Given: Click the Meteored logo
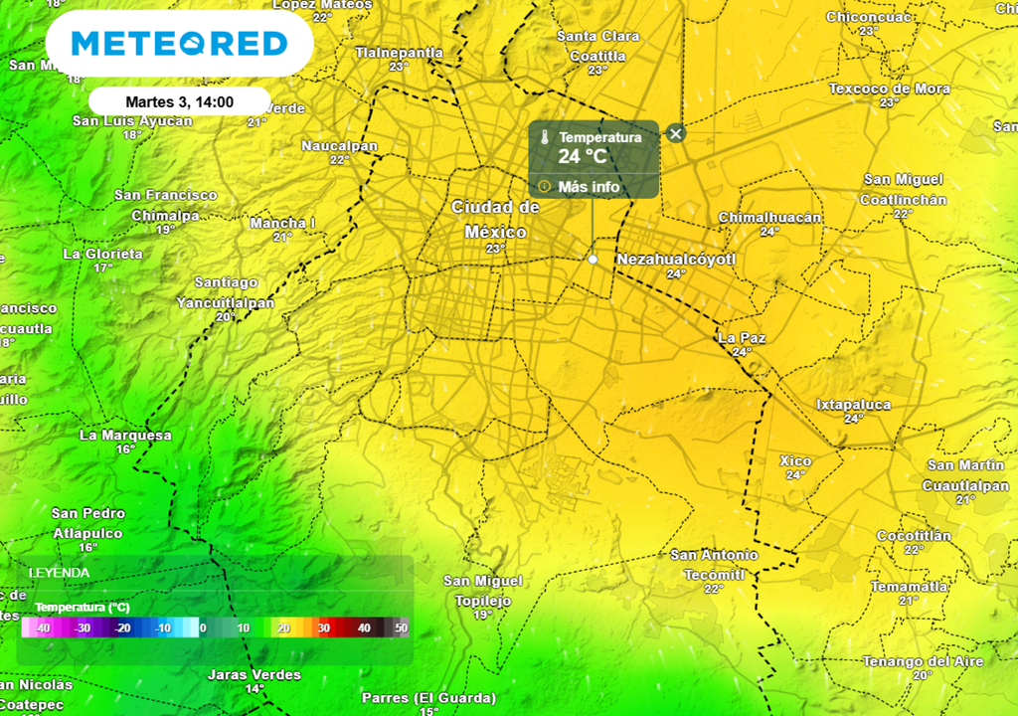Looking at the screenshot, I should tap(179, 44).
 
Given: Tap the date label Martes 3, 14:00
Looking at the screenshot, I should tap(179, 101).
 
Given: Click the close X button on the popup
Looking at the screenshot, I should tap(676, 133).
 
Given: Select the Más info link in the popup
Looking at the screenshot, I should tap(589, 186).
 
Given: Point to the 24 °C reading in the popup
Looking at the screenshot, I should tap(583, 156).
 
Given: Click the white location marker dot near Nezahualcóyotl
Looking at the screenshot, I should tap(594, 259).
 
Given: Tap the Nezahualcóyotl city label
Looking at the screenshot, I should tap(676, 260).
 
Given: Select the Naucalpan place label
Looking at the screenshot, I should tap(340, 146).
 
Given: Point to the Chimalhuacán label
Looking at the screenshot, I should tap(769, 218).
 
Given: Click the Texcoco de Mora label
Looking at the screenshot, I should tap(889, 89).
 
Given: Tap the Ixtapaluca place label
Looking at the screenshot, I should tap(853, 405).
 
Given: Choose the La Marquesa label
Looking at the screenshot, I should tap(125, 435).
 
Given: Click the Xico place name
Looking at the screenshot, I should tap(795, 461).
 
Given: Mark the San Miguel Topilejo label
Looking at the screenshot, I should tap(482, 591).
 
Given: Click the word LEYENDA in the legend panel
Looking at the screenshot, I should tap(60, 573).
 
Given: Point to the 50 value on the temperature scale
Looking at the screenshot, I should tap(402, 628).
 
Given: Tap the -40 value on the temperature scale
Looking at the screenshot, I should tap(42, 628).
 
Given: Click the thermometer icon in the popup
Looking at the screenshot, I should tap(545, 138).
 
